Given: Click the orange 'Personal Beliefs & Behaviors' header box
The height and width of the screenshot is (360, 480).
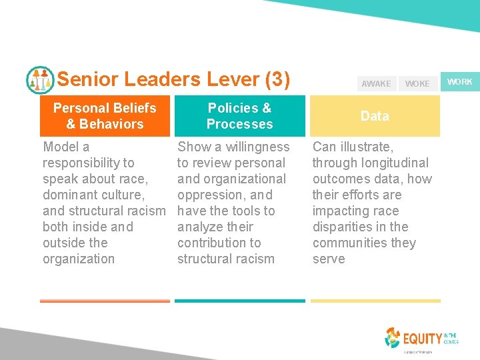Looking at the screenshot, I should pos(105,116).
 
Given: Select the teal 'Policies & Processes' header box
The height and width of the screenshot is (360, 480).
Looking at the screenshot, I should pos(239,116).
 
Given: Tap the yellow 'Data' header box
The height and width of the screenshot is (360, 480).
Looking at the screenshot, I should pos(375,116).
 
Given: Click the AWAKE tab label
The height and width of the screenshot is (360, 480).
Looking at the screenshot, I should pos(376,84).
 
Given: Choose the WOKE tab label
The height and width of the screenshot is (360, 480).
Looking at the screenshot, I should pos(417,84).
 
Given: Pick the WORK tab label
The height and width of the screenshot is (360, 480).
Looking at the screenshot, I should pos(459,82).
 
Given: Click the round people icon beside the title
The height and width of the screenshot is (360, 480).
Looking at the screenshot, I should pos(40,80).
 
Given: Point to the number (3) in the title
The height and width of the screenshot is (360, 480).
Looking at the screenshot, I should pos(277,80).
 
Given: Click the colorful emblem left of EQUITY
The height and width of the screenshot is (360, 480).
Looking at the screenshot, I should pos(393,337).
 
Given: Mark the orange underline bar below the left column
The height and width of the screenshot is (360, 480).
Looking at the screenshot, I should pos(105,301).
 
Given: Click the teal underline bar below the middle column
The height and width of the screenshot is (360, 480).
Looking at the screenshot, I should pos(239,301).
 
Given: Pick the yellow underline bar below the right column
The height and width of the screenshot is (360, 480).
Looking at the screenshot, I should pos(375,301).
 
